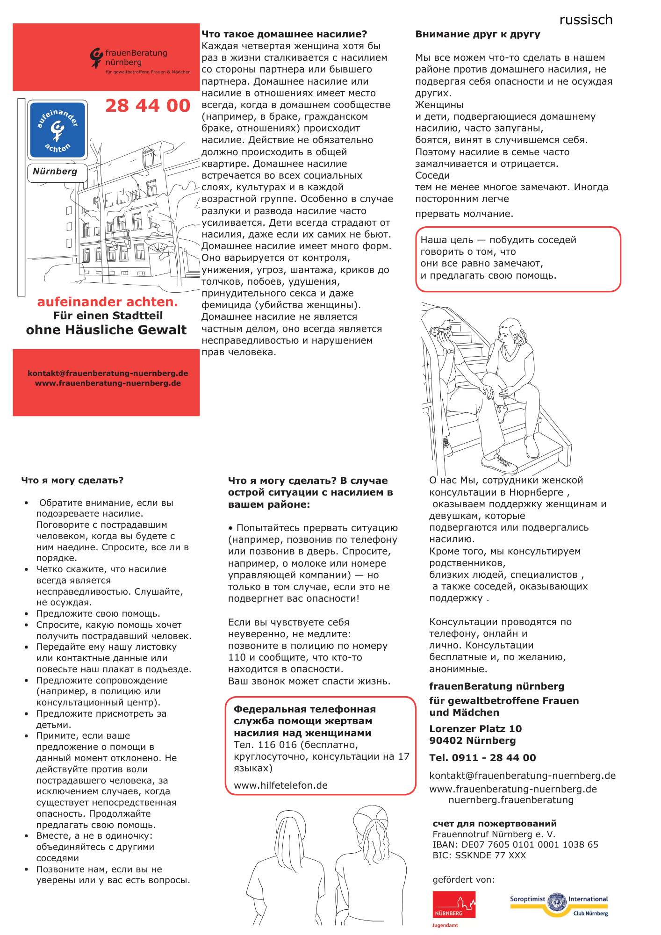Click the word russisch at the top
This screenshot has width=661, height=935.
[x=586, y=20]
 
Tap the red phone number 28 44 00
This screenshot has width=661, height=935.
[x=148, y=106]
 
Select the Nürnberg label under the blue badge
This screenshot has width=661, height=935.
[x=55, y=172]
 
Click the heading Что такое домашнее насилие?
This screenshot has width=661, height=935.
[x=284, y=34]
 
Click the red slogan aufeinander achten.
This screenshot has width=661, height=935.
[x=108, y=302]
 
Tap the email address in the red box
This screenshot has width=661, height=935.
[x=108, y=373]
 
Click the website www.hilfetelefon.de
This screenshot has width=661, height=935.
[x=280, y=785]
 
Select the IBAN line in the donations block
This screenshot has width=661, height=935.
[x=515, y=845]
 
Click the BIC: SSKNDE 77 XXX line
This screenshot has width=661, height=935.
[x=479, y=856]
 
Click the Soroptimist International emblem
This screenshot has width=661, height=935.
[x=557, y=902]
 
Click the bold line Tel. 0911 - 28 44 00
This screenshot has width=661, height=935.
[x=482, y=758]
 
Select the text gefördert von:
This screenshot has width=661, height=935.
[x=463, y=880]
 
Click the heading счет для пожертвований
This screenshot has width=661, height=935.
[x=495, y=824]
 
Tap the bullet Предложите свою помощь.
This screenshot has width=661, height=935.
[x=98, y=614]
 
